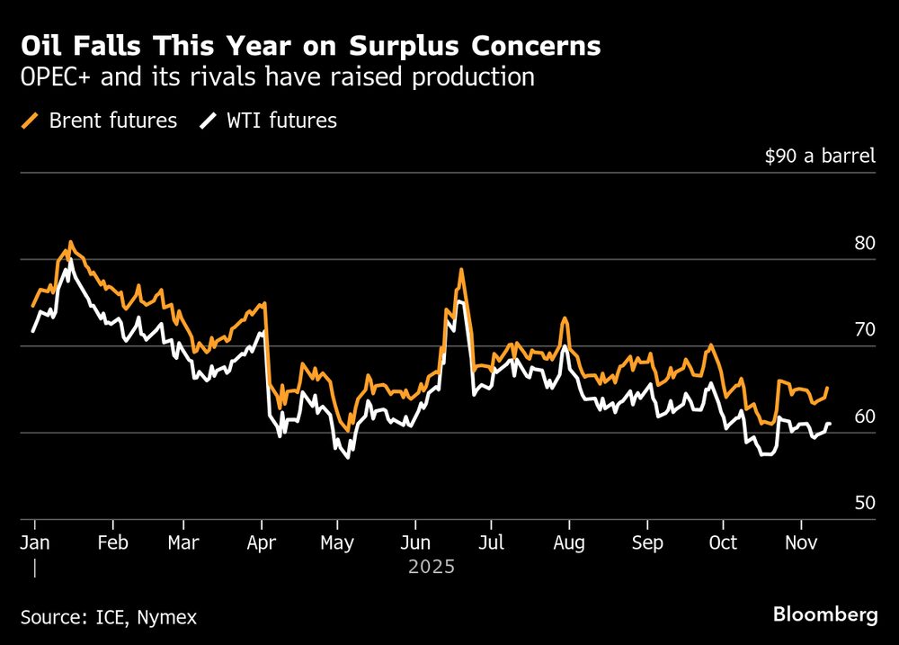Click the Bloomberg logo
click(824, 615)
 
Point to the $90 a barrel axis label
click(819, 157)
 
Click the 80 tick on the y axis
click(865, 243)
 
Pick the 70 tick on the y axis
click(865, 329)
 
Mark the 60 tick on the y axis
click(865, 416)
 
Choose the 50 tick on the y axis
click(865, 503)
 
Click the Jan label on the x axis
click(36, 543)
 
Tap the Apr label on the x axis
click(261, 543)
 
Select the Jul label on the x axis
click(490, 543)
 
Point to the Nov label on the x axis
click(800, 543)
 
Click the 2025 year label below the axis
click(432, 568)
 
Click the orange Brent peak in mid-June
click(461, 269)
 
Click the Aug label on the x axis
click(569, 543)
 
